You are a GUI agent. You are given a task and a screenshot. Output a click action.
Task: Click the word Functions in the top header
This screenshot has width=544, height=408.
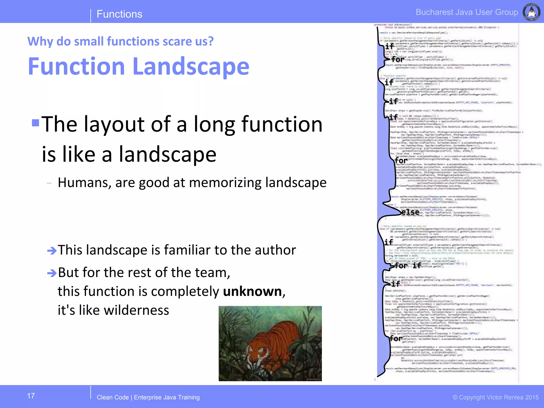point(119,14)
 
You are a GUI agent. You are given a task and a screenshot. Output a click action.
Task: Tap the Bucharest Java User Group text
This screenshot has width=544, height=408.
point(467,12)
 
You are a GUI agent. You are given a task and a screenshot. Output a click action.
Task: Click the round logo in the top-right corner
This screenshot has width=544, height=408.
point(531,12)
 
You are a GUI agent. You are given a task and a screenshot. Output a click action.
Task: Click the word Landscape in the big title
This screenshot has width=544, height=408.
point(191,66)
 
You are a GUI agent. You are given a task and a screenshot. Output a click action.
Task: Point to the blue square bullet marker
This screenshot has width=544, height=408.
point(36,123)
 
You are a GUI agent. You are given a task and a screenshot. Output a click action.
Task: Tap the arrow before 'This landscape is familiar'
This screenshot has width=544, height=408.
point(52,250)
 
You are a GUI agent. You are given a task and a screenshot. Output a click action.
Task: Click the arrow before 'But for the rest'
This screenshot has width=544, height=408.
point(52,273)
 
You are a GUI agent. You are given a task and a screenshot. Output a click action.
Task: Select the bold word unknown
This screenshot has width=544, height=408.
point(252,291)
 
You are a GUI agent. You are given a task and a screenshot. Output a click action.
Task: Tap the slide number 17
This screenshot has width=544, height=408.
point(31,396)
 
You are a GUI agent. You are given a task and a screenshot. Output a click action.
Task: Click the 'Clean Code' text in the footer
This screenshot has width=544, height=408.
point(113,397)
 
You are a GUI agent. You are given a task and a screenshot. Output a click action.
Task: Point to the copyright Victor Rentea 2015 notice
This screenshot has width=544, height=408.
point(496,397)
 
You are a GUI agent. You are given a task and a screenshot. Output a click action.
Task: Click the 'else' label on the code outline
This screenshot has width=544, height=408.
point(410,212)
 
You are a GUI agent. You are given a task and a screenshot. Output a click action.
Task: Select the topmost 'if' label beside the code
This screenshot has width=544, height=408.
point(389,46)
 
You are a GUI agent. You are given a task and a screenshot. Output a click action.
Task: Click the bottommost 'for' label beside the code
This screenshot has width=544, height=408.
point(396,338)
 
